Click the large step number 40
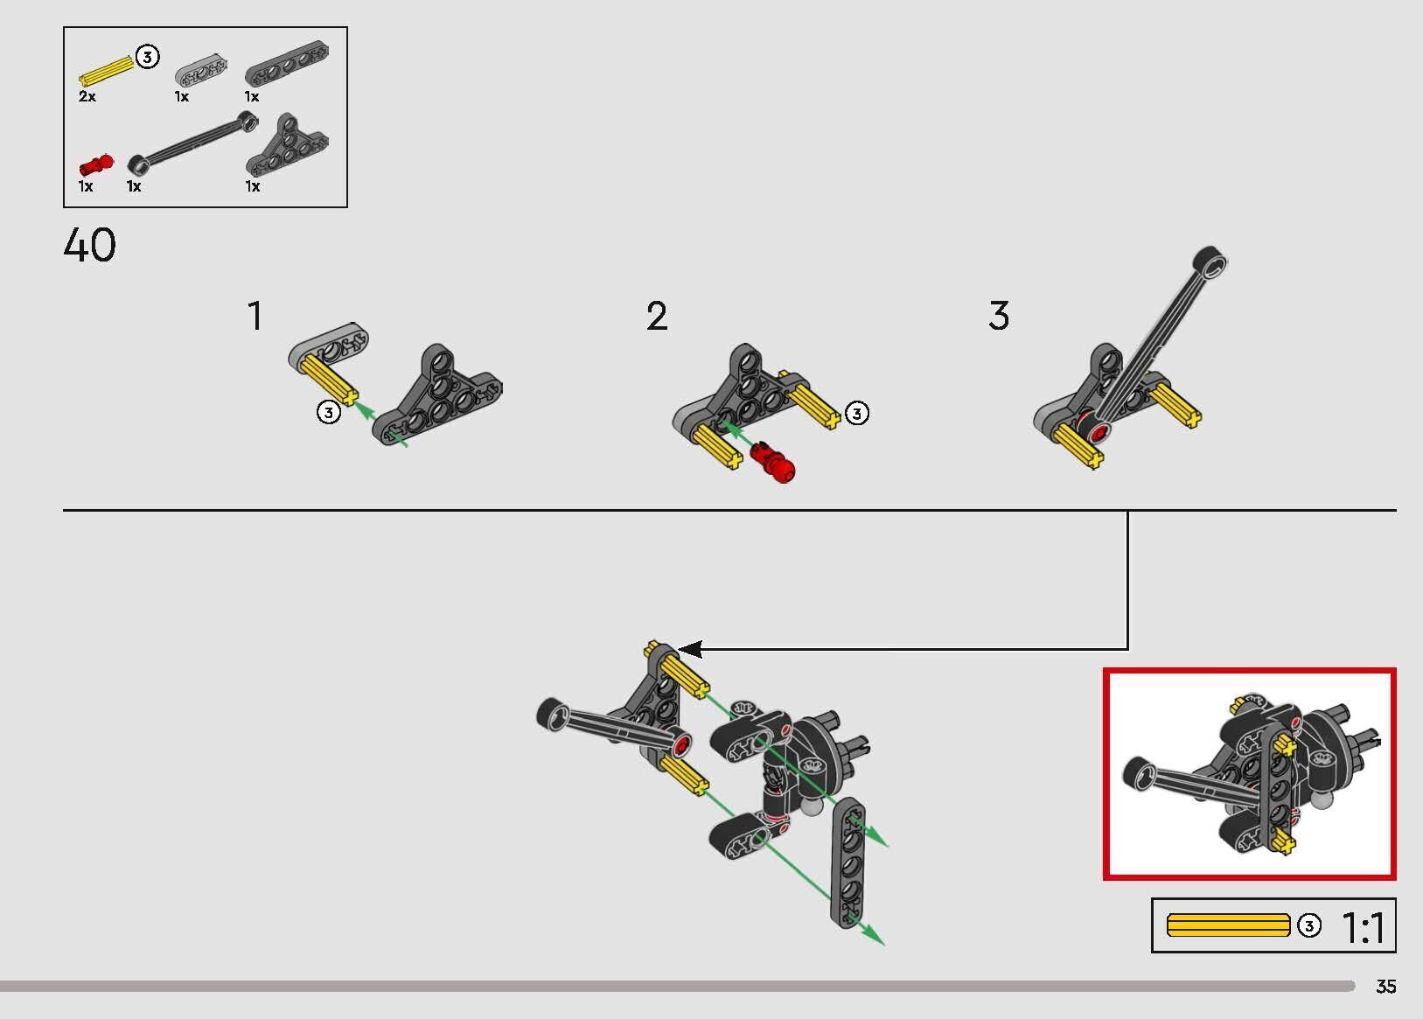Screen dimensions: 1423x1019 point(89,245)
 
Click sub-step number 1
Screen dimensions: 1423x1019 point(255,316)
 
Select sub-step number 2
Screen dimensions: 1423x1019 point(657,316)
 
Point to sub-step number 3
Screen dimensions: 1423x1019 point(999,316)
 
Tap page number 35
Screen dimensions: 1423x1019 point(1386,987)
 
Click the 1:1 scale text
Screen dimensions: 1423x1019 point(1363,928)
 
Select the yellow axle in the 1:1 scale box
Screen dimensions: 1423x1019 point(1229,925)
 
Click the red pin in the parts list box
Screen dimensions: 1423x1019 point(96,164)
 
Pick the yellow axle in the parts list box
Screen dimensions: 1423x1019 point(106,71)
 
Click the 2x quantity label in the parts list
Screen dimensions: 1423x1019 point(87,96)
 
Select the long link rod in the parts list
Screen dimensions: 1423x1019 point(193,143)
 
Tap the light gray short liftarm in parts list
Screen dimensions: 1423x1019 point(201,71)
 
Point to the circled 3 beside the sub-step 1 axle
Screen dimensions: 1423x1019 point(329,413)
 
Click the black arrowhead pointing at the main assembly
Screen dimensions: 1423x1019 point(690,649)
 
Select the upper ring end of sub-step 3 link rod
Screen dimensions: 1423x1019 point(1210,262)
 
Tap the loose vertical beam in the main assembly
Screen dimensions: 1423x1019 point(848,862)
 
